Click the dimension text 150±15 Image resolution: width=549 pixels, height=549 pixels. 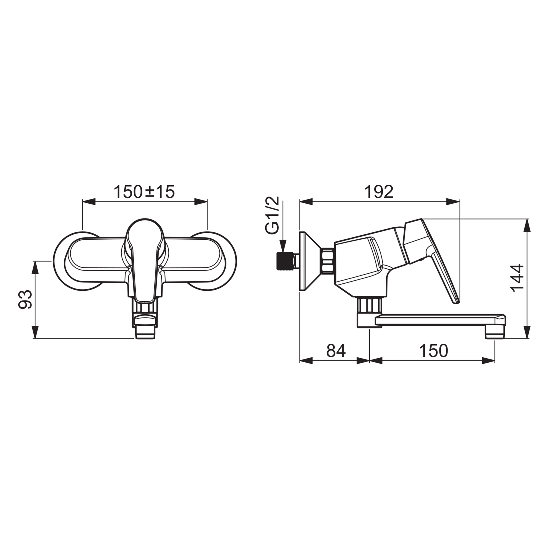[144, 192]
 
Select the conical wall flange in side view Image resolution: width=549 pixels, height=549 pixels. [309, 261]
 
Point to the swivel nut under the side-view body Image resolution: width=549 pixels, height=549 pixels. [369, 304]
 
